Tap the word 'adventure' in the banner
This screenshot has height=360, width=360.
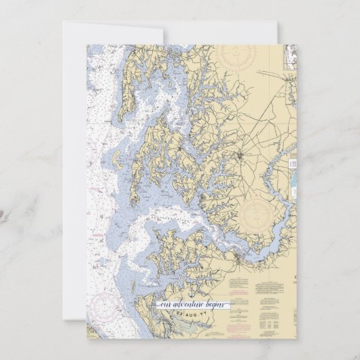[187, 305]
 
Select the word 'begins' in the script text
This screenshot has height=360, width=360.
[216, 305]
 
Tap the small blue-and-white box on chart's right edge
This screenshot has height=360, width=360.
[293, 164]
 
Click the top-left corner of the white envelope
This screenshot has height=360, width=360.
[64, 22]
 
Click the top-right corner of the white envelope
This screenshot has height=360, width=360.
[277, 22]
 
